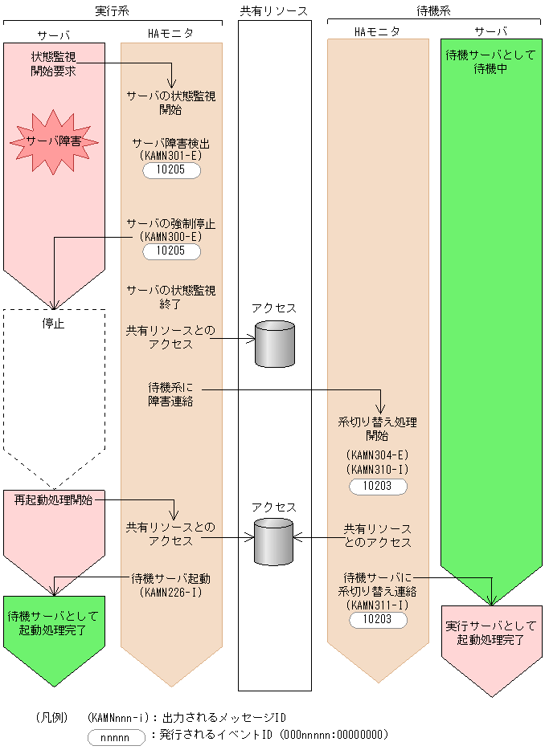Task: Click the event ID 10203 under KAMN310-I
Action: point(377,486)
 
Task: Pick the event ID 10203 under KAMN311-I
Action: point(377,619)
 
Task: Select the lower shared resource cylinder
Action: point(274,541)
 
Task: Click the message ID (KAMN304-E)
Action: point(377,454)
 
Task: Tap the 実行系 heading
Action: point(112,10)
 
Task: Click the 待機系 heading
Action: point(433,10)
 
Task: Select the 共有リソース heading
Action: point(274,10)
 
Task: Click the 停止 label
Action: point(53,324)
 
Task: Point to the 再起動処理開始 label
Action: point(54,499)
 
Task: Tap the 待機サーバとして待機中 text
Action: point(491,63)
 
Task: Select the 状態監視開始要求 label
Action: point(54,63)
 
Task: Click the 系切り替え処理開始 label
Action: point(377,429)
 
